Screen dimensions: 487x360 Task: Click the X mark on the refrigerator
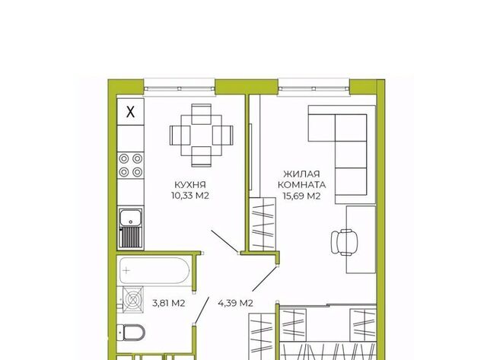click(131, 112)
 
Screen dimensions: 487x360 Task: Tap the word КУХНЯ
click(190, 185)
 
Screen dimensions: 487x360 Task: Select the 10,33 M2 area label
click(190, 196)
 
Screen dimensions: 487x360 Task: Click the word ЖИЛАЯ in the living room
click(301, 174)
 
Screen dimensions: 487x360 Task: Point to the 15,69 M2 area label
click(301, 196)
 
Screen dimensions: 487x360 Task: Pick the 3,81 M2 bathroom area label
click(169, 303)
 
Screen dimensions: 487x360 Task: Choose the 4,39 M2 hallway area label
click(235, 303)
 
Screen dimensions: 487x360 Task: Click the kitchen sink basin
click(131, 217)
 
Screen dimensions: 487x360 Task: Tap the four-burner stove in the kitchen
click(131, 165)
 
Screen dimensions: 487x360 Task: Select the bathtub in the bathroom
click(154, 270)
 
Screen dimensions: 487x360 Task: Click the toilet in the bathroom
click(131, 333)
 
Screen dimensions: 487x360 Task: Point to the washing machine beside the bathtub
click(132, 300)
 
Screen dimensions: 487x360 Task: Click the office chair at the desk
click(344, 242)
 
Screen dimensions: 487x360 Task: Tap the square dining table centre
click(202, 135)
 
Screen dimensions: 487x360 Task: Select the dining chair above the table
click(202, 114)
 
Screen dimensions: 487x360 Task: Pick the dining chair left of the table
click(180, 135)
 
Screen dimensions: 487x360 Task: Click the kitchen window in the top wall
click(180, 87)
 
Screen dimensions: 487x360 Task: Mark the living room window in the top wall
click(314, 87)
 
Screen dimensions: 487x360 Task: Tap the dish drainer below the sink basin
click(131, 237)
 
